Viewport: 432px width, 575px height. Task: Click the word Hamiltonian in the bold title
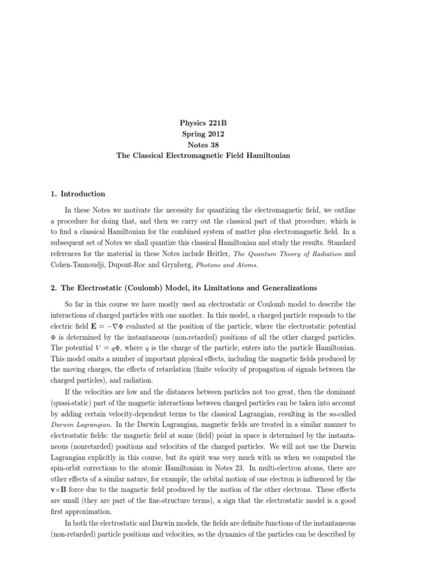point(265,155)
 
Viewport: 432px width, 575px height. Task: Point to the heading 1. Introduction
point(78,194)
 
